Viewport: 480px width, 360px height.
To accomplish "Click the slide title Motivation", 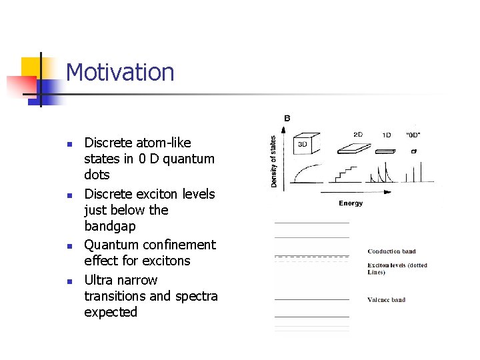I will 120,73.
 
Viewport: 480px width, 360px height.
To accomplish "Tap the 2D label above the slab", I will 358,135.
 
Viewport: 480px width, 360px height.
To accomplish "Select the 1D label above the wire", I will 387,135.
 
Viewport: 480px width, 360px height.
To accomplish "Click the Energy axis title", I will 351,203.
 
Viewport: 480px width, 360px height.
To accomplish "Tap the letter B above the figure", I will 287,118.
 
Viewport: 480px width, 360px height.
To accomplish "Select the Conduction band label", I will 391,251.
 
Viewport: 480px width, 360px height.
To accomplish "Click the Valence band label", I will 386,300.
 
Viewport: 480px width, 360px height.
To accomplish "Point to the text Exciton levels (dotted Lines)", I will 397,269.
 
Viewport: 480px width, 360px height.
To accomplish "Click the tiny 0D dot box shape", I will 413,151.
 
